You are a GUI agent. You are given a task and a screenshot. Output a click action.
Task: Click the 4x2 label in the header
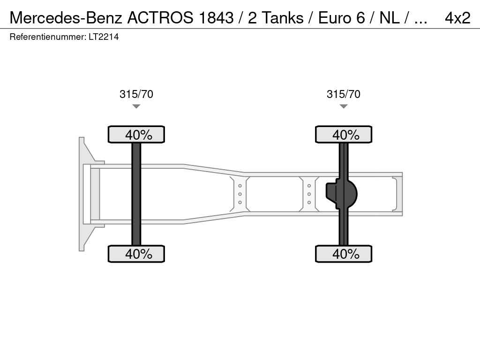[x=457, y=18]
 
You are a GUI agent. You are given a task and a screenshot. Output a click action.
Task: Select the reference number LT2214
[x=104, y=37]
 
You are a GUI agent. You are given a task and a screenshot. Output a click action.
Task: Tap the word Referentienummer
[x=47, y=37]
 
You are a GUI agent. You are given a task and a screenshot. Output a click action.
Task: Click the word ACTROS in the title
[x=160, y=18]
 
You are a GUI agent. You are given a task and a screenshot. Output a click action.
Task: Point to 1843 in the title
[x=216, y=18]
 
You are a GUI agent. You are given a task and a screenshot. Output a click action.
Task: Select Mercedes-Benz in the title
[x=66, y=18]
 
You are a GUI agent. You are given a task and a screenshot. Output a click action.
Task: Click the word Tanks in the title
[x=283, y=18]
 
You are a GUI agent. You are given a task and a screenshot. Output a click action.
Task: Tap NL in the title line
[x=390, y=18]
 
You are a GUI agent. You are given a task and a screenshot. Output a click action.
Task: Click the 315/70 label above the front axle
[x=136, y=94]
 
